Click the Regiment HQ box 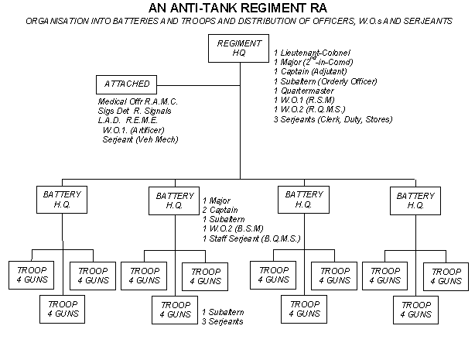point(239,48)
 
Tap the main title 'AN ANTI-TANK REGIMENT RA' point(237,8)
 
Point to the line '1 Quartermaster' point(305,91)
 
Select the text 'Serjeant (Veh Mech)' point(140,140)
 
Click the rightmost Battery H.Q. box point(415,200)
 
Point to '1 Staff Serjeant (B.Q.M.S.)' point(251,238)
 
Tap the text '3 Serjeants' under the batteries point(224,321)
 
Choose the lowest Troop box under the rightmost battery point(415,309)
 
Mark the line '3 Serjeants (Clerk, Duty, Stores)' point(333,119)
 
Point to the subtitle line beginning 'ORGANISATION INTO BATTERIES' point(237,21)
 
